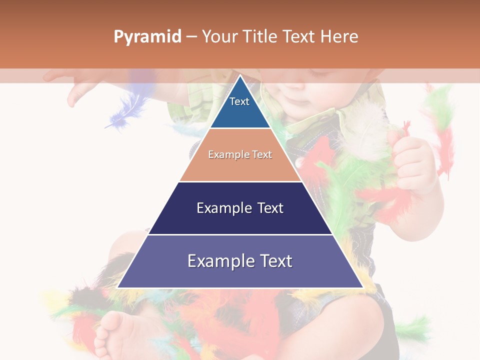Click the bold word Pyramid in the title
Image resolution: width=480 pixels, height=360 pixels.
[147, 37]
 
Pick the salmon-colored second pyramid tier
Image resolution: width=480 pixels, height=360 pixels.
[240, 167]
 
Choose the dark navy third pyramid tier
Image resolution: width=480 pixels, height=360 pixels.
[240, 220]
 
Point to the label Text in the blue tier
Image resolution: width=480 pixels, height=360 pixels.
[239, 101]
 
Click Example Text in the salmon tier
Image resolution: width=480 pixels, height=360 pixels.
[240, 154]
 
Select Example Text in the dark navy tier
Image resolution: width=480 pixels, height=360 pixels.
[240, 208]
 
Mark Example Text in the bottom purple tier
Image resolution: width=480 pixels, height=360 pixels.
[240, 261]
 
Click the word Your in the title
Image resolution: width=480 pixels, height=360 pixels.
[220, 36]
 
